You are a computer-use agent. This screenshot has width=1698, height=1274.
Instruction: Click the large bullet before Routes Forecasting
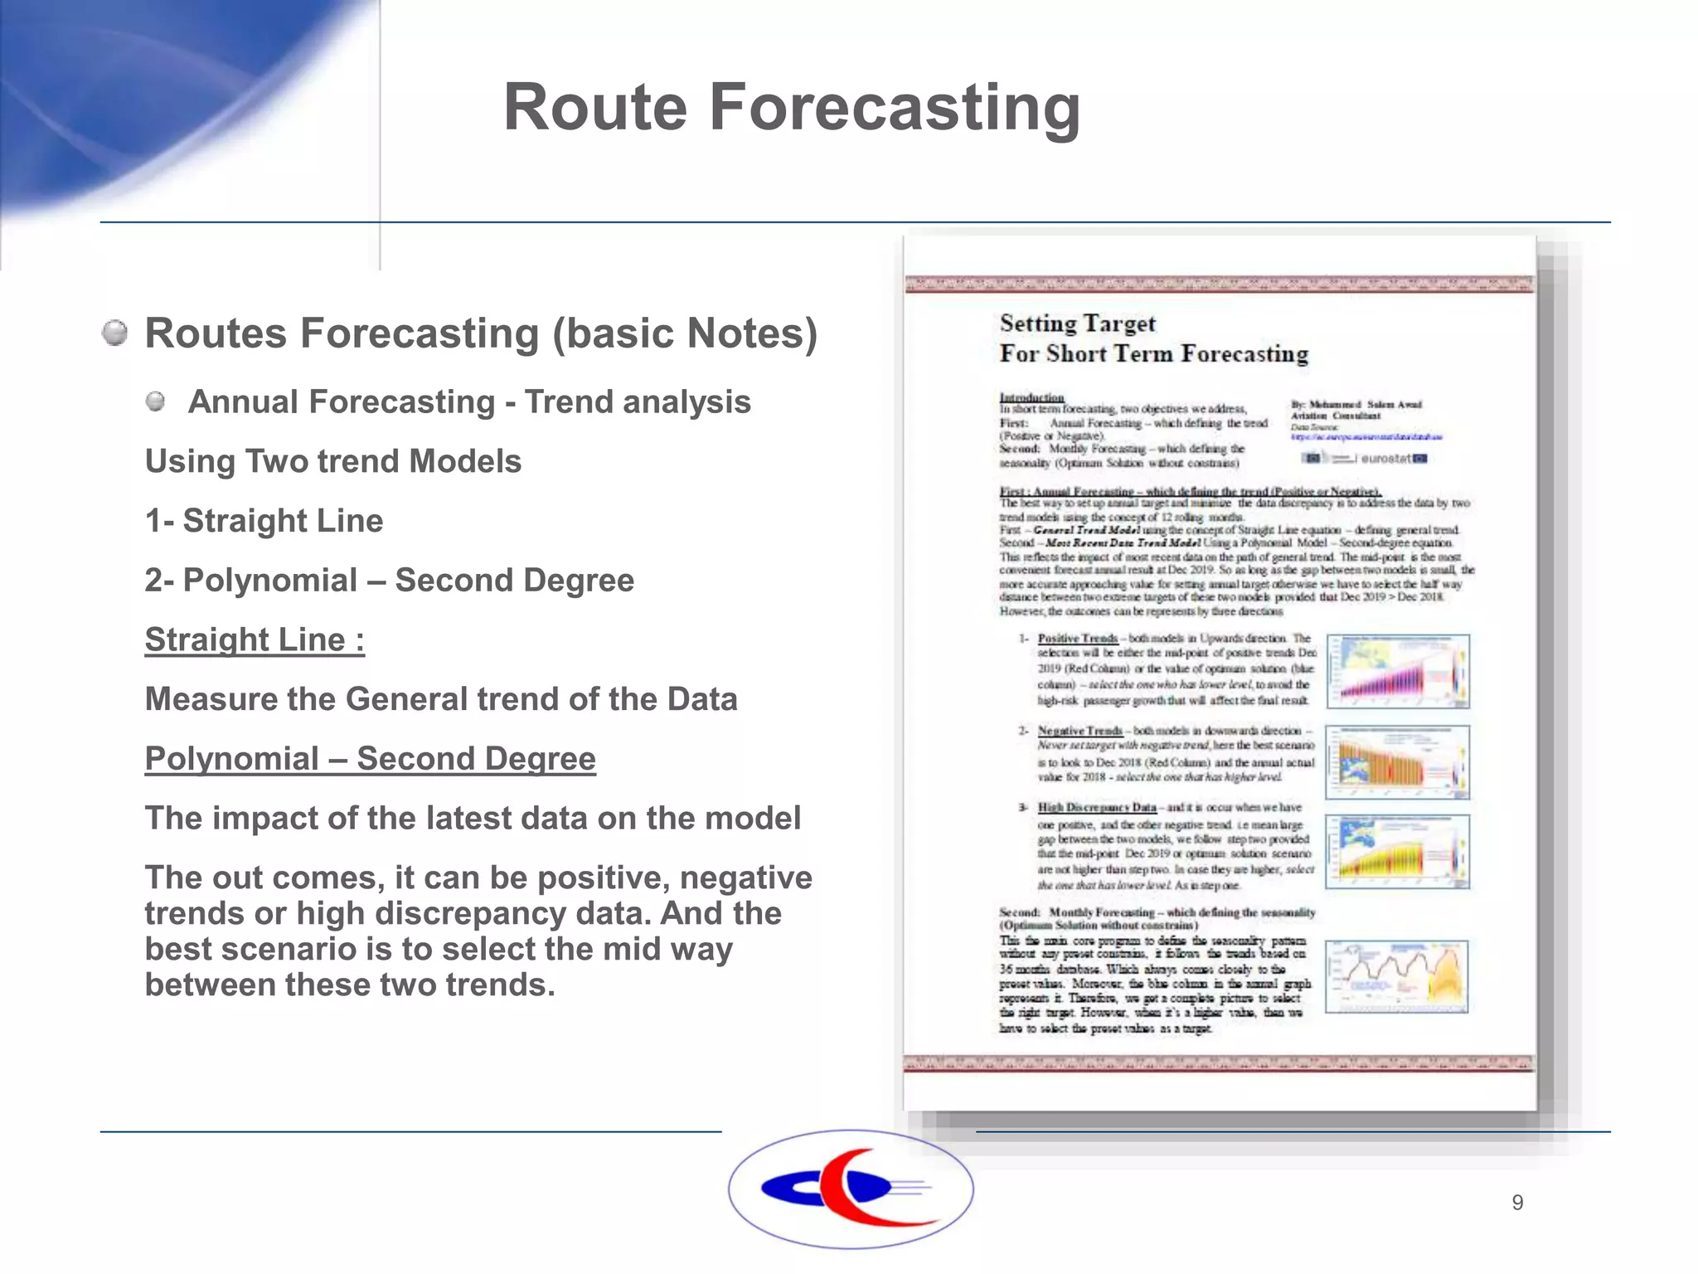coord(115,333)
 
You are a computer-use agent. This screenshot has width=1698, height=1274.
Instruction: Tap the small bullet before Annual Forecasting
coord(155,402)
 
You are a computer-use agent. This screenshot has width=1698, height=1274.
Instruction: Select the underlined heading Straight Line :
coord(255,639)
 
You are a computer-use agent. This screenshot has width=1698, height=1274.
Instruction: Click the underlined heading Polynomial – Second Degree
coord(370,758)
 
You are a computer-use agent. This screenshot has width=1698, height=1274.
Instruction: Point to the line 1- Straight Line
coord(264,521)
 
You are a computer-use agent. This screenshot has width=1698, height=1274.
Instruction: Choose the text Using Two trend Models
coord(333,461)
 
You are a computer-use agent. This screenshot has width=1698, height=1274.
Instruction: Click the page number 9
coord(1517,1203)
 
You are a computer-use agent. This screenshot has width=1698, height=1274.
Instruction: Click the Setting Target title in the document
coord(1077,323)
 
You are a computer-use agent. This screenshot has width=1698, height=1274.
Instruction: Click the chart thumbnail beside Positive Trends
coord(1398,671)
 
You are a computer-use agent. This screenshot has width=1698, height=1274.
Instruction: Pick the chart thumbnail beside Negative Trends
coord(1398,761)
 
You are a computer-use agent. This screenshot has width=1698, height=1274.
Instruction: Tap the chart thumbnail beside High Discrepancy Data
coord(1398,852)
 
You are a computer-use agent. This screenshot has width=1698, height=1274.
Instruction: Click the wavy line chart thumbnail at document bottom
coord(1396,976)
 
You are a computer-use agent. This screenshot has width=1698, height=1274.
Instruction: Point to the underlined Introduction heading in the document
coord(1031,397)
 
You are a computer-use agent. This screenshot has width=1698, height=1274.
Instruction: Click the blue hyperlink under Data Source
coord(1366,436)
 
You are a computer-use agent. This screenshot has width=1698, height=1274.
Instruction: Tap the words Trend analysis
coord(638,402)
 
